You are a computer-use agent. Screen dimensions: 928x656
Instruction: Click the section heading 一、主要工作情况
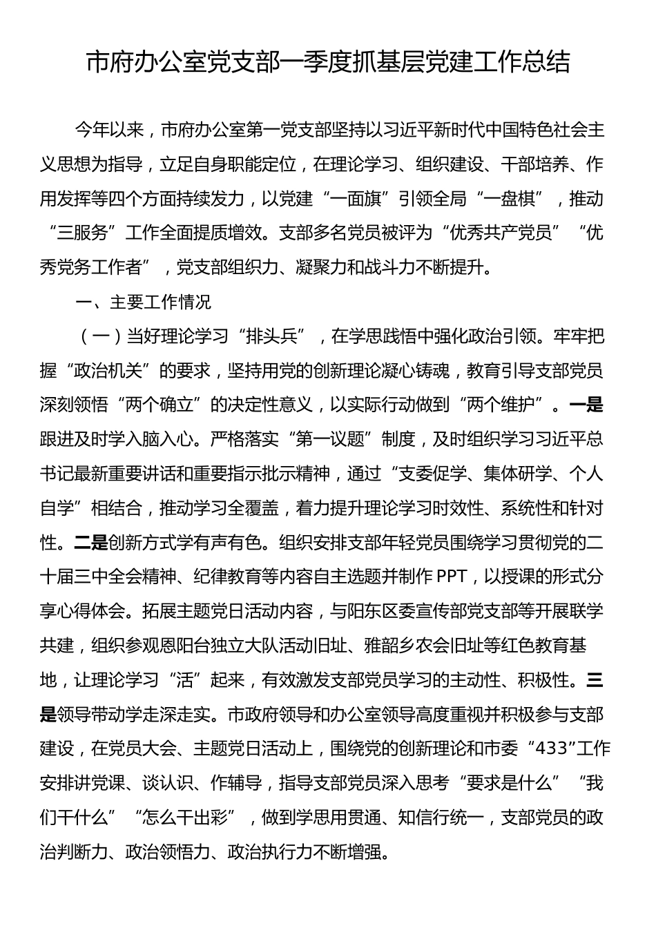coord(143,302)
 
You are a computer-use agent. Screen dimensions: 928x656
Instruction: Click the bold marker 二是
coord(91,543)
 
